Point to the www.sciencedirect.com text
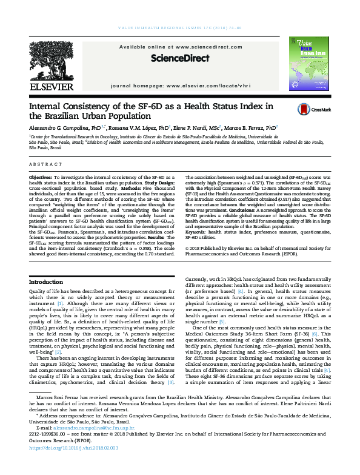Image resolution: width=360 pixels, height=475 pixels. (x=201, y=47)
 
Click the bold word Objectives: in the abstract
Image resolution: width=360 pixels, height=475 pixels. (x=41, y=175)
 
